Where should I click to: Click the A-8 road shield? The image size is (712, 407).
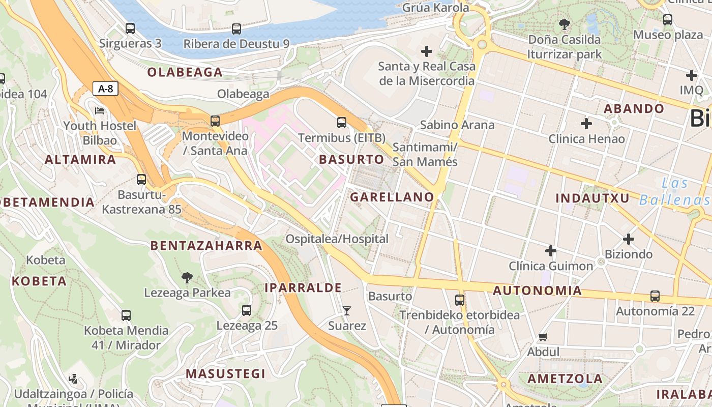[x=105, y=89]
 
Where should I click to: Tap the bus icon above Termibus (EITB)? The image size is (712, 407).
[x=342, y=122]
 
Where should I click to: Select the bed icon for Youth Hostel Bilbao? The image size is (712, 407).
[x=100, y=110]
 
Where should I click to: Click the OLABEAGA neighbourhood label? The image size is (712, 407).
[x=185, y=72]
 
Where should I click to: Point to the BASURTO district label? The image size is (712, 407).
[x=351, y=159]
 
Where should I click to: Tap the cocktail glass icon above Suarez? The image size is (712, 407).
[x=347, y=310]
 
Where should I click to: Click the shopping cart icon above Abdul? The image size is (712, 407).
[x=543, y=337]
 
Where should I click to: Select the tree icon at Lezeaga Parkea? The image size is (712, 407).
[x=187, y=278]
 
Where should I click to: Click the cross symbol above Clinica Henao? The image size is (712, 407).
[x=586, y=123]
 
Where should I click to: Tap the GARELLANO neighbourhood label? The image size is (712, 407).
[x=392, y=197]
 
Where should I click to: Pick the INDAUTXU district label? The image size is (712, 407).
[x=592, y=198]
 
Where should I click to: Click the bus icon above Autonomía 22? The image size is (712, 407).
[x=655, y=296]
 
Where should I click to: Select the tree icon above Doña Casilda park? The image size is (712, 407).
[x=564, y=24]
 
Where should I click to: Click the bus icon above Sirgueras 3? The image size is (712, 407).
[x=130, y=28]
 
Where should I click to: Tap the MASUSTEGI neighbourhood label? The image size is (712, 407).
[x=225, y=373]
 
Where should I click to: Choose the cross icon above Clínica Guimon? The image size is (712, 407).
[x=551, y=250]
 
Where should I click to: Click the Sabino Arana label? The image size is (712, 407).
[x=457, y=125]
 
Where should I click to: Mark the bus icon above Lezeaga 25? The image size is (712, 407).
[x=247, y=310]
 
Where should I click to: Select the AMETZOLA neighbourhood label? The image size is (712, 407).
[x=565, y=379]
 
